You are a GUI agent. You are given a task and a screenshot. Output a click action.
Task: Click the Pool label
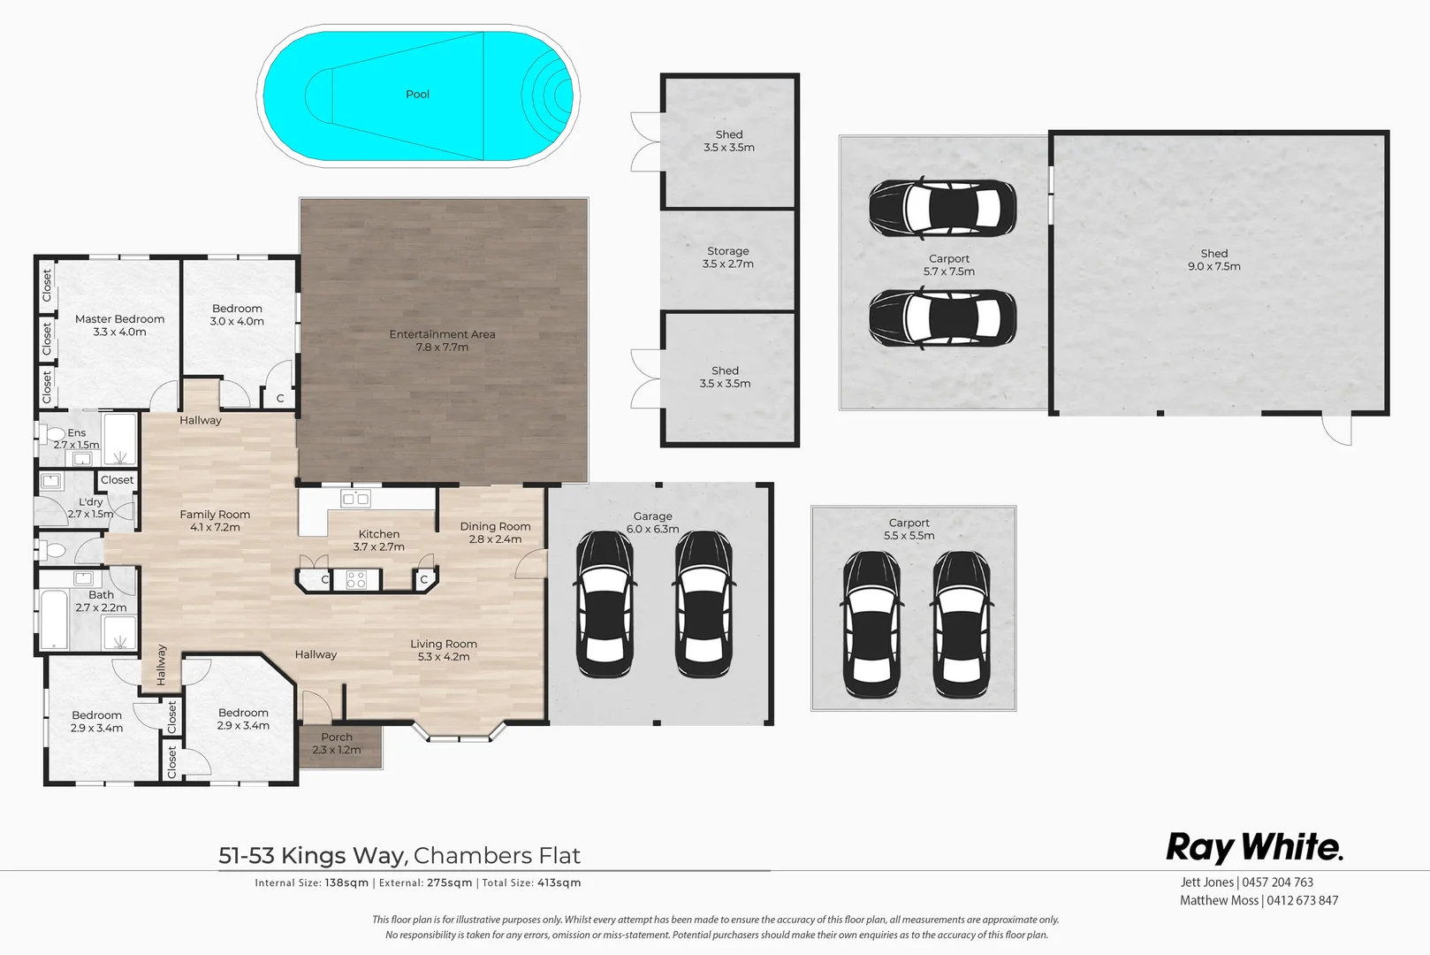(417, 95)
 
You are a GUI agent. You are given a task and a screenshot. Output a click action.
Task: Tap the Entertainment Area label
(442, 340)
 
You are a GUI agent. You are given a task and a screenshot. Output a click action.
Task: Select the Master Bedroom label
(119, 325)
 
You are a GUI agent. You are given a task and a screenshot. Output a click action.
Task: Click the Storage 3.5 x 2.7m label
(727, 257)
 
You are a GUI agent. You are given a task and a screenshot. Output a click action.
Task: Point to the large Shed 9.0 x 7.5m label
(1213, 259)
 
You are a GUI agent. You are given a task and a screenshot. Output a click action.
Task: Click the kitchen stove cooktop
(356, 580)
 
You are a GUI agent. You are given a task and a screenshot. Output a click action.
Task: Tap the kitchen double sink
(355, 500)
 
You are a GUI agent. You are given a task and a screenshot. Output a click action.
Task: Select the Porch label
(337, 743)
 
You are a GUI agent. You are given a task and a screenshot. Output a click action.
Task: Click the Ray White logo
(1253, 847)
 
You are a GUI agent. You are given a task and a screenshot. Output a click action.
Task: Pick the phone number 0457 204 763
(1278, 882)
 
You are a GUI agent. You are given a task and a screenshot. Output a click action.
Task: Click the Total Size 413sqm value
(559, 882)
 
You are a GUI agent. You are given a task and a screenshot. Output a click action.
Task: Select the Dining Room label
(495, 532)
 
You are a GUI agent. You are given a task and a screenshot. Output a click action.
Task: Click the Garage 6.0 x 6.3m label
(652, 523)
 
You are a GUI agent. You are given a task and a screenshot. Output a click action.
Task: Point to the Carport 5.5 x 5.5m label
(909, 529)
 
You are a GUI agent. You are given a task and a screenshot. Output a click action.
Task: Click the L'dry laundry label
(90, 508)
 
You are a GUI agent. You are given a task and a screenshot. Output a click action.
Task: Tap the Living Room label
(443, 650)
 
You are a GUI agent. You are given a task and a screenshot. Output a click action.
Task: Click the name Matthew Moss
(1219, 900)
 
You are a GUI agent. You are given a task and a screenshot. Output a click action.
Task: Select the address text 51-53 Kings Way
(313, 855)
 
